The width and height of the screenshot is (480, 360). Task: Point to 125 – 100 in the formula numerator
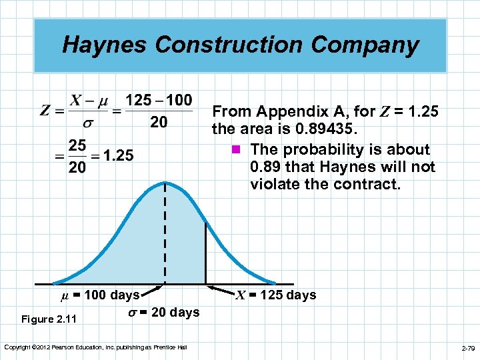[x=159, y=101]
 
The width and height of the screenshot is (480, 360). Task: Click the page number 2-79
[x=467, y=348]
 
